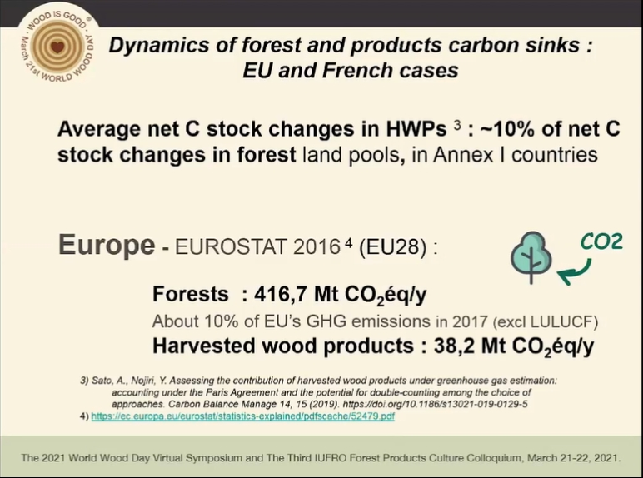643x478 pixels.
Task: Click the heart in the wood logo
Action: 57,47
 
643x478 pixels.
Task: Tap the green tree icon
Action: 531,257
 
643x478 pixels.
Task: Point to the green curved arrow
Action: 575,272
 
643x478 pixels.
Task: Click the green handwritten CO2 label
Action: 601,241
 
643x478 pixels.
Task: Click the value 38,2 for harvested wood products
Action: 455,346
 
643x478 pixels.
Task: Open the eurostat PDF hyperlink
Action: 242,416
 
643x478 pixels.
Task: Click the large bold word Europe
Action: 107,245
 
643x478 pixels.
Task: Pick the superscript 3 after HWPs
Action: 457,125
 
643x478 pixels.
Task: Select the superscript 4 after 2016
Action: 348,242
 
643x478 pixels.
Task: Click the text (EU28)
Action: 393,247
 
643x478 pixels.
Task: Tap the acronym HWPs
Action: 416,129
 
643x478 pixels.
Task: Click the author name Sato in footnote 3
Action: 102,381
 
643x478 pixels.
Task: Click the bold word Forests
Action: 190,294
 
